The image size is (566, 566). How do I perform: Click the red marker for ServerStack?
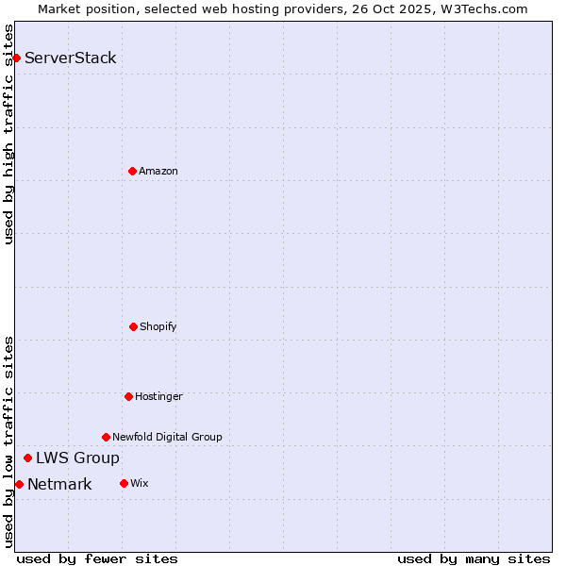click(16, 58)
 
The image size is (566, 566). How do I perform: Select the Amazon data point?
click(132, 171)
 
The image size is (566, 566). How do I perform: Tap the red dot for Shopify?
click(133, 326)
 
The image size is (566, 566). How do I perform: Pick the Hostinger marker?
click(128, 396)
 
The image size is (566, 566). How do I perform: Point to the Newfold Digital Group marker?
click(106, 437)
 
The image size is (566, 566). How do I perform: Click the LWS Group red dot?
click(27, 458)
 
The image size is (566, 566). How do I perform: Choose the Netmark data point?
click(19, 484)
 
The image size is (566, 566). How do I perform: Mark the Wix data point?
click(124, 483)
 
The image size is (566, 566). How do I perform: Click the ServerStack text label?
click(71, 58)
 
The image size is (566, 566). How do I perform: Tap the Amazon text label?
click(158, 171)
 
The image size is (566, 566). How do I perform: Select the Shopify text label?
click(158, 326)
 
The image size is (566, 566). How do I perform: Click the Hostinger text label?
click(158, 396)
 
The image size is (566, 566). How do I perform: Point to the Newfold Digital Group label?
click(167, 437)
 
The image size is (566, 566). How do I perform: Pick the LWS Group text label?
click(77, 458)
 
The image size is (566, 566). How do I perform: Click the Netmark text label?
click(59, 484)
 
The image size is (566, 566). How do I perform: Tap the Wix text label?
click(140, 483)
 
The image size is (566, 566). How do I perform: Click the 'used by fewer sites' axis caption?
click(97, 558)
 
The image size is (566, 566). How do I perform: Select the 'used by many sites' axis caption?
click(474, 558)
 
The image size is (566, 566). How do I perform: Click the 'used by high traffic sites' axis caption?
click(8, 134)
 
